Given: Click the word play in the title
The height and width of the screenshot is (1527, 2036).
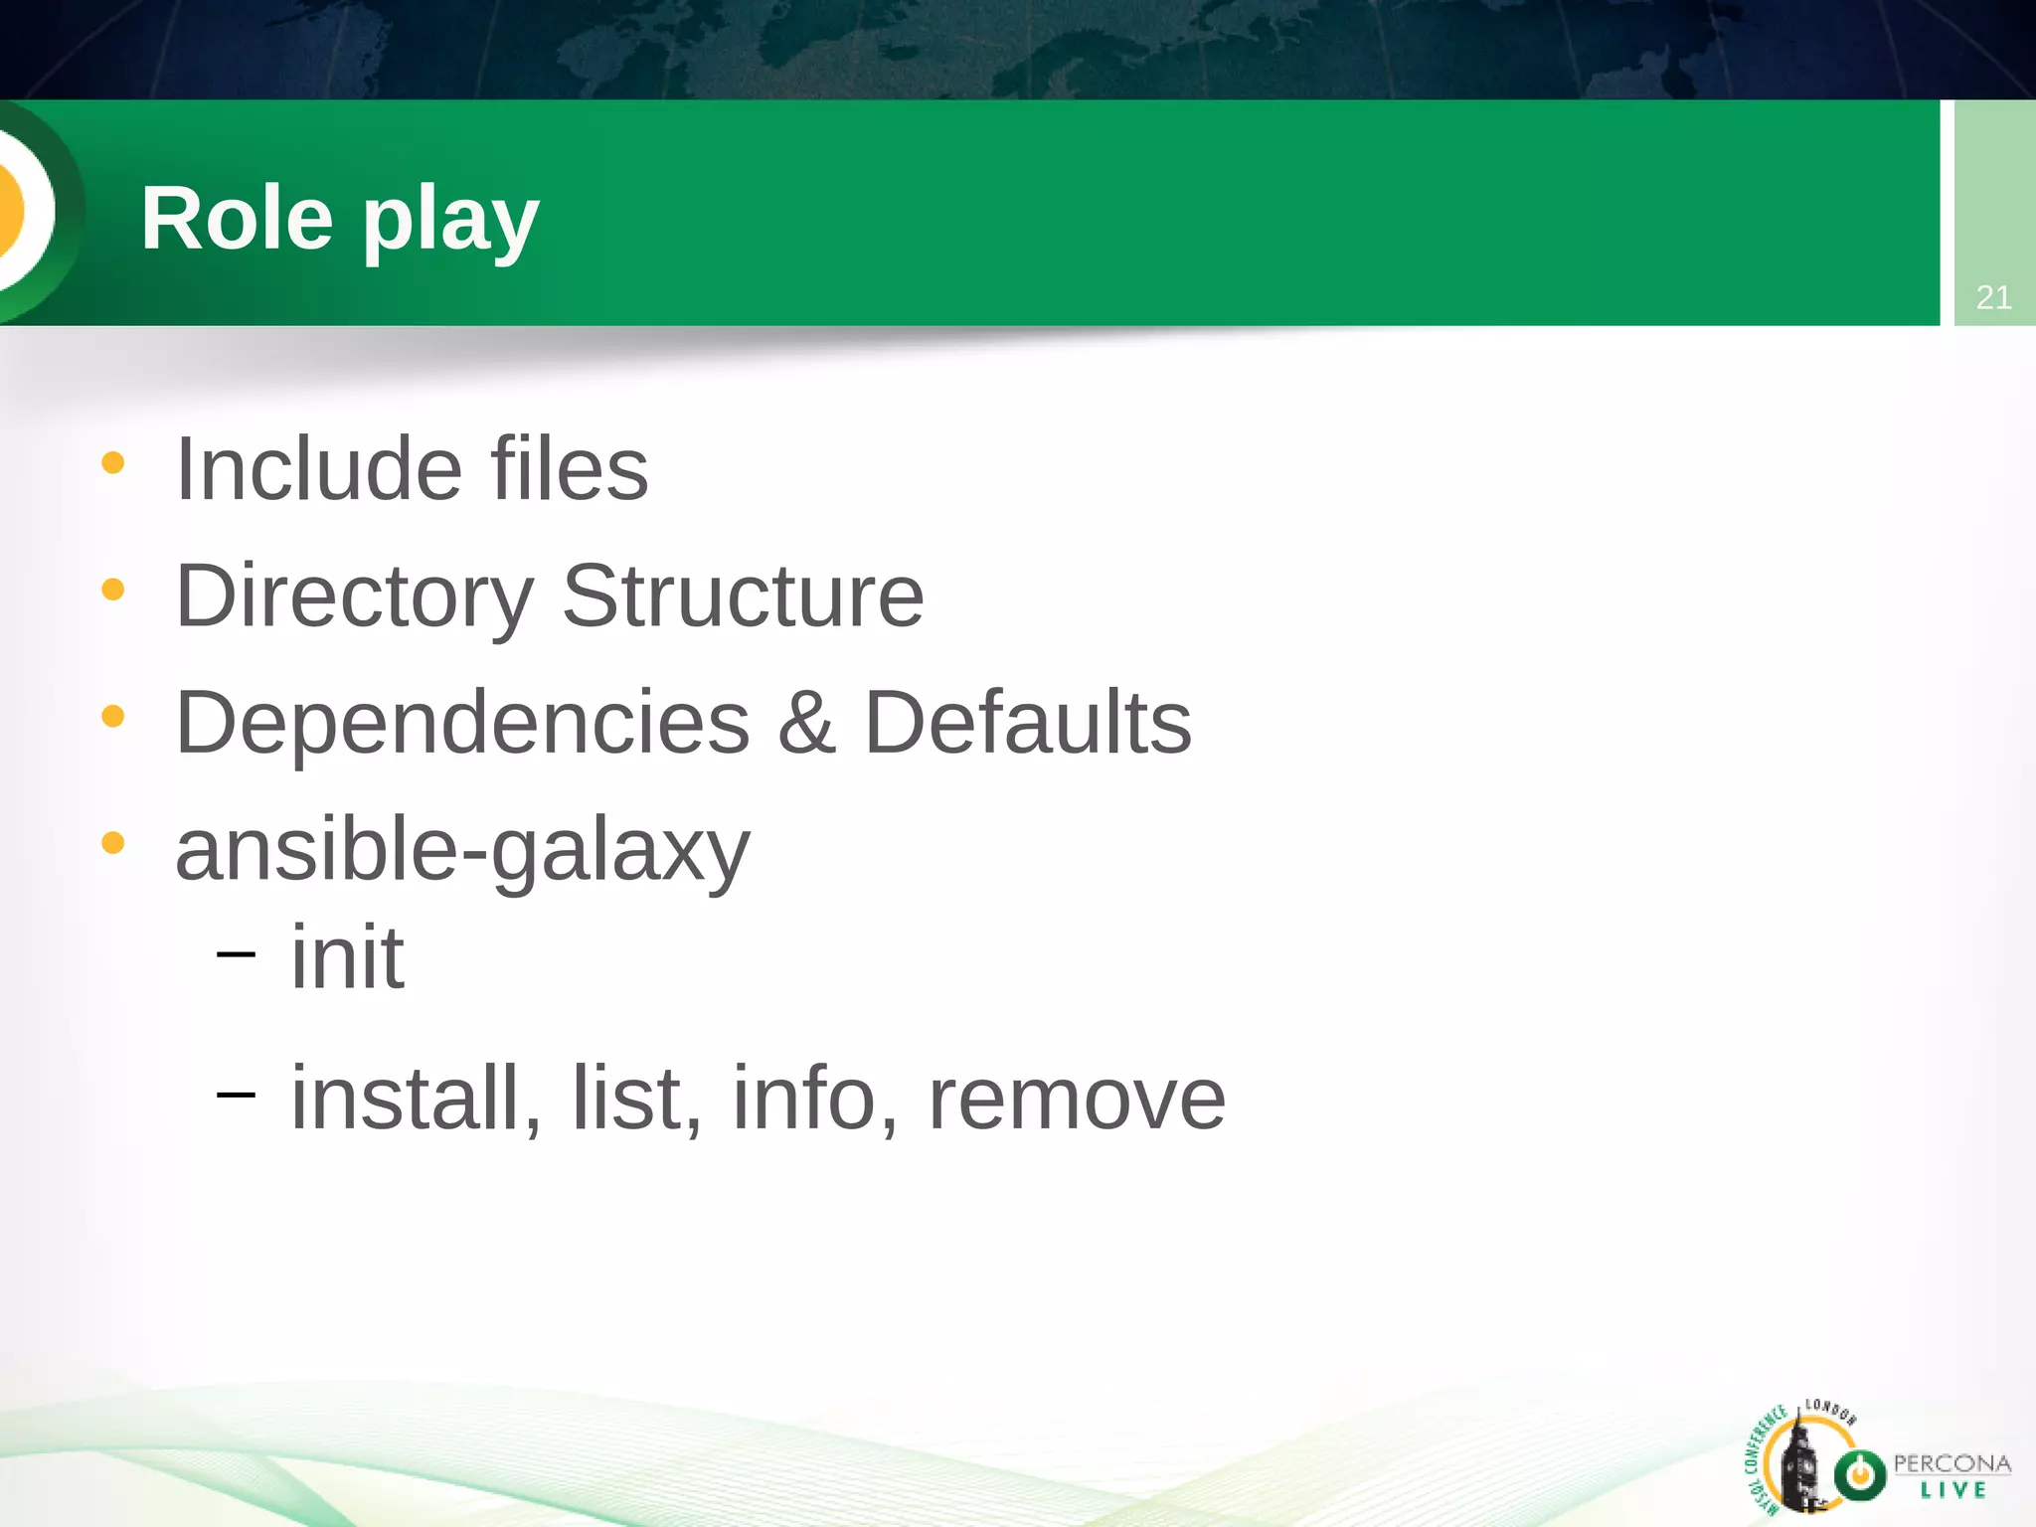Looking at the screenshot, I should [450, 224].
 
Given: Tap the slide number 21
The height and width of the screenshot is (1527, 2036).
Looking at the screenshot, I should [1993, 297].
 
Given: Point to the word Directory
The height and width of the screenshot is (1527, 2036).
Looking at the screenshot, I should [355, 596].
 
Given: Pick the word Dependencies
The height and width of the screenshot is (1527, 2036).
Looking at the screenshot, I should [462, 723].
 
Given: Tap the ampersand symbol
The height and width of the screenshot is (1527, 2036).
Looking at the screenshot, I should [806, 723].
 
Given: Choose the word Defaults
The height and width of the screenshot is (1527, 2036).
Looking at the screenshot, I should [1028, 723].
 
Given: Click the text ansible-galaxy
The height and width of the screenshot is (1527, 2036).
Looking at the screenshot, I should [462, 851].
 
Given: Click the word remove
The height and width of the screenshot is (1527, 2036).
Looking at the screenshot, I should [1077, 1100].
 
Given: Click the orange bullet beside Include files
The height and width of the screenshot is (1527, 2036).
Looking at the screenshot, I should [113, 462].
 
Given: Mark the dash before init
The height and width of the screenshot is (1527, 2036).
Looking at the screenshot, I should [236, 954].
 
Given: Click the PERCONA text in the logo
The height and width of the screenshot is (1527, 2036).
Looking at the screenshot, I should [1951, 1463].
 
